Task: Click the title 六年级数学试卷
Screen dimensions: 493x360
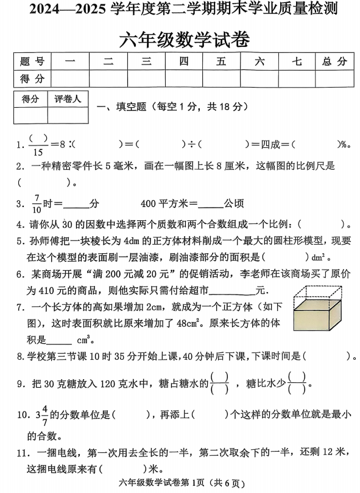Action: point(180,38)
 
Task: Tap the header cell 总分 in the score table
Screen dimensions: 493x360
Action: point(334,61)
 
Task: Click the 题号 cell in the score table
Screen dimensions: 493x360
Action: point(32,61)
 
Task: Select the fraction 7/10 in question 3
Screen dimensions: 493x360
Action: point(38,203)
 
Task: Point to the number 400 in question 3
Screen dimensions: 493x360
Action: point(149,203)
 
